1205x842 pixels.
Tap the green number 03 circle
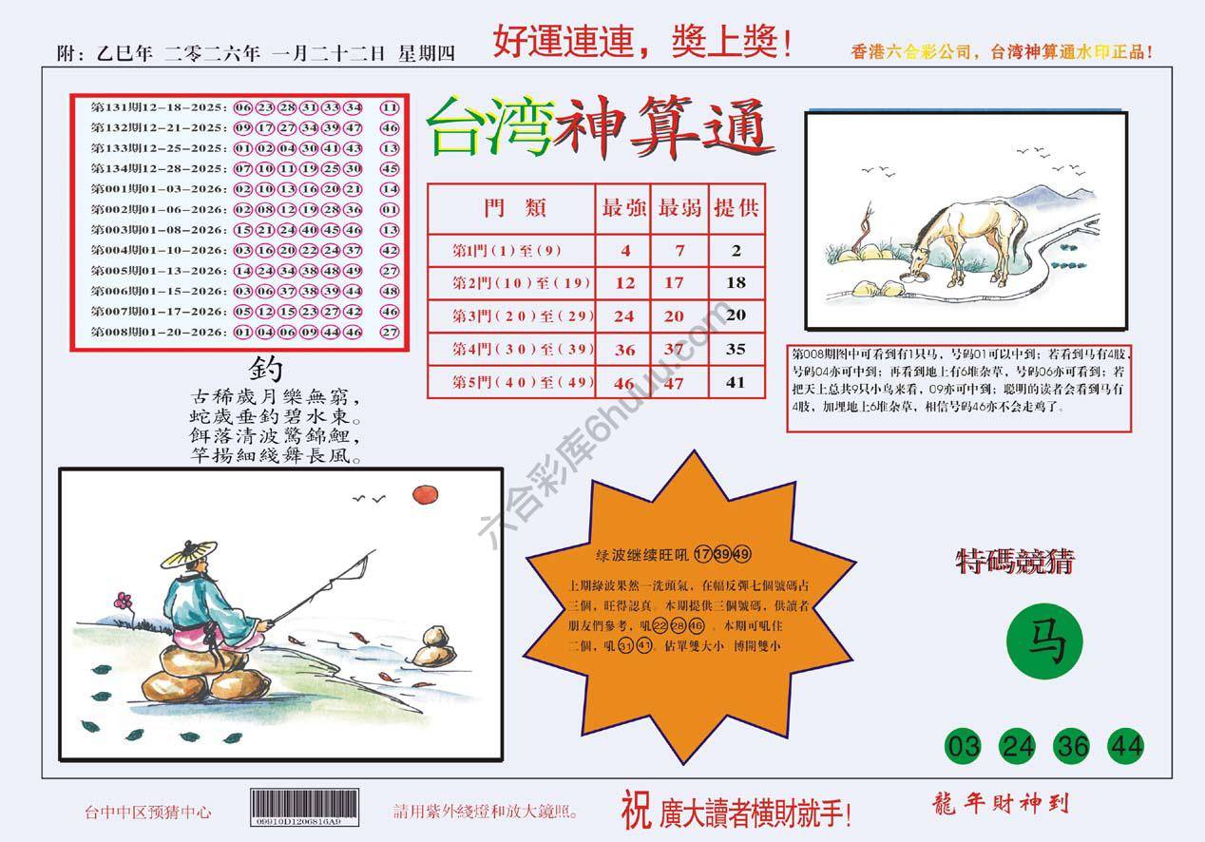point(963,746)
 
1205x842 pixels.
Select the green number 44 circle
point(1126,746)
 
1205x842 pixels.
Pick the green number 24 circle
point(1018,746)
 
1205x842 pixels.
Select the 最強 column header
point(623,208)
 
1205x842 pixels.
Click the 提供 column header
point(736,208)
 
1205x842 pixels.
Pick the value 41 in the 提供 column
point(736,384)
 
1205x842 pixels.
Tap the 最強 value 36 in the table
point(624,351)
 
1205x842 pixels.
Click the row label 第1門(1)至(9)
point(508,251)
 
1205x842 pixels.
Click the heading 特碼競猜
point(1015,563)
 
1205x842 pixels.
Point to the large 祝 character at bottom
point(635,809)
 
